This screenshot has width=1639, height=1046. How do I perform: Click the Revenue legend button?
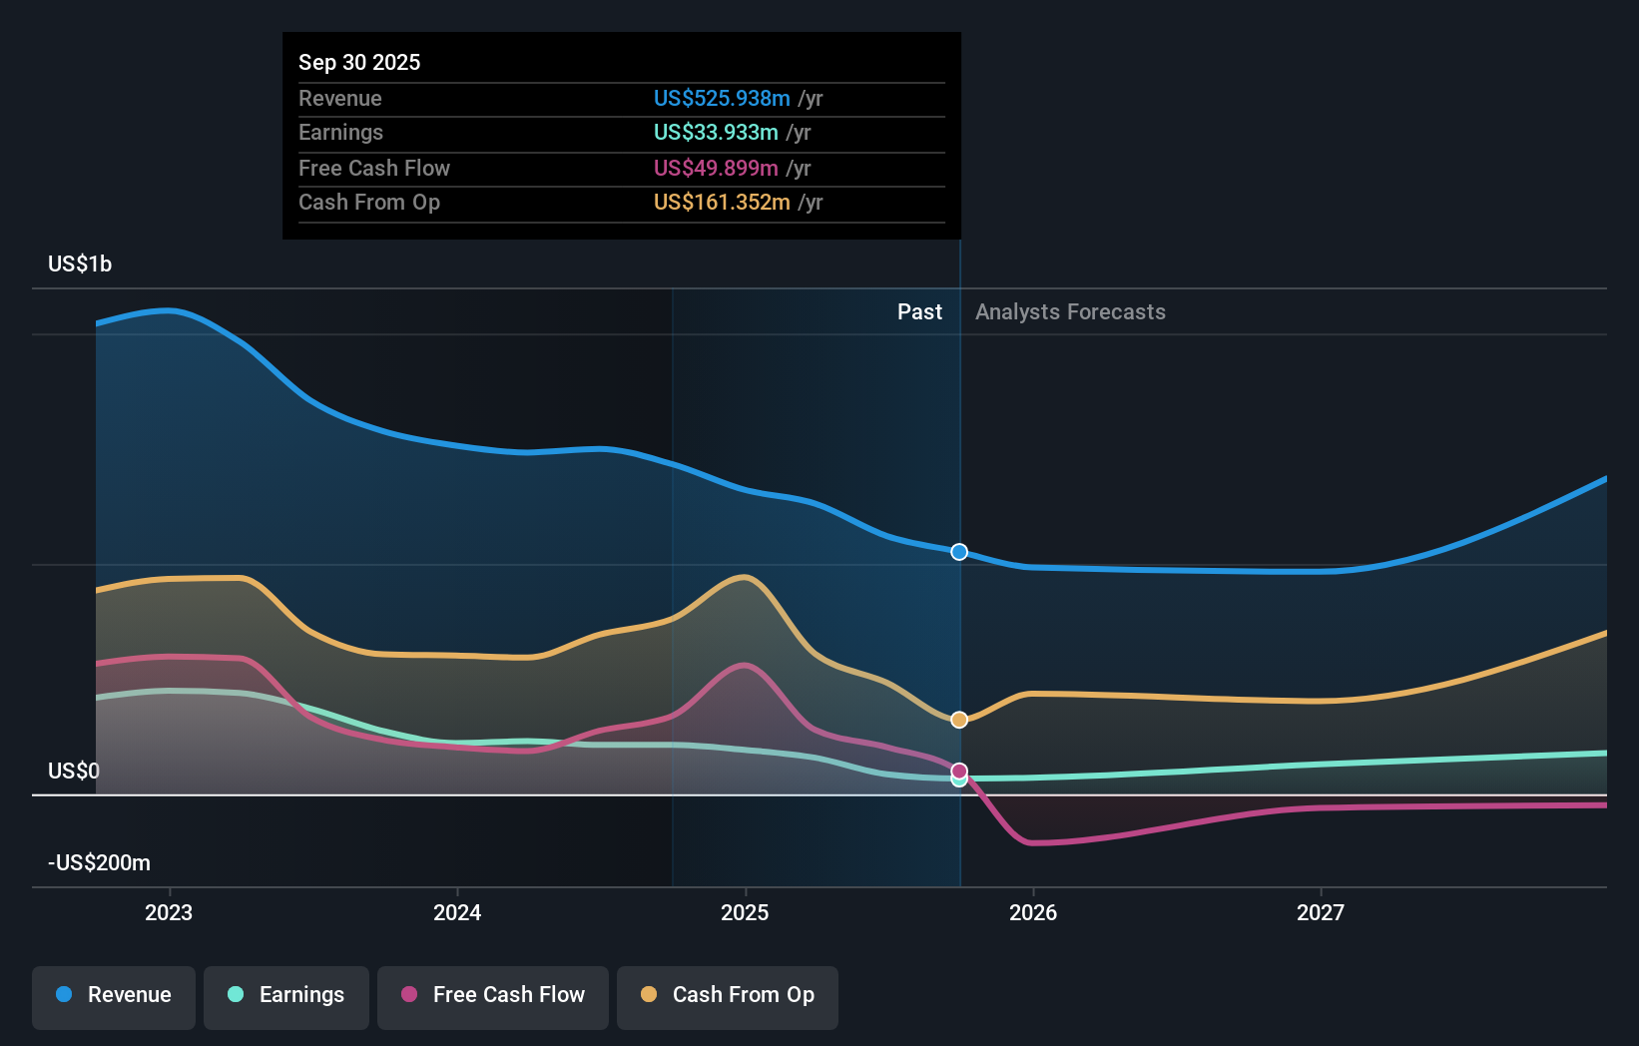(x=114, y=995)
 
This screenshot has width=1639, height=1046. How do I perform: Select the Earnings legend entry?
(x=286, y=995)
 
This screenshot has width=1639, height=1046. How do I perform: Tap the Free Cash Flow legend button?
(x=493, y=995)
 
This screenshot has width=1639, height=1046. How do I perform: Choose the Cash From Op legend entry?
(x=728, y=995)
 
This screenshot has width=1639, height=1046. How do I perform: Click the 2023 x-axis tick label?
(x=169, y=912)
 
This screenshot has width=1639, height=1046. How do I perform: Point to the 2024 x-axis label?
(x=457, y=912)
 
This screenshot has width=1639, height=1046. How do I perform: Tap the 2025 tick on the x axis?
(x=745, y=912)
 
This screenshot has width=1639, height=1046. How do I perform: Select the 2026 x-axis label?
(x=1033, y=912)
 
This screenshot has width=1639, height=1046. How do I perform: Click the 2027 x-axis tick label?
(x=1321, y=912)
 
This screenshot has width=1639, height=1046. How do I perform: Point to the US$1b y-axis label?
(x=80, y=264)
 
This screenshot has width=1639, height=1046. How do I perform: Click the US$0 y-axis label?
(x=74, y=771)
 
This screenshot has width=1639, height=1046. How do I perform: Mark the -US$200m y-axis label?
(x=100, y=862)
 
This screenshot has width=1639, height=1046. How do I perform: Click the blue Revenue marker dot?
(x=959, y=552)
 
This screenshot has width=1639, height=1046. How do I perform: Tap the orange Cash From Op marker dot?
(x=959, y=720)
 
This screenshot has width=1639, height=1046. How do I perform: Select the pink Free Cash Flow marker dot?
(x=959, y=771)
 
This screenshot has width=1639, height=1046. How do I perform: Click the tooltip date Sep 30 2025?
(x=359, y=62)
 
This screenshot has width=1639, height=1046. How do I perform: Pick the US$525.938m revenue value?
(x=722, y=98)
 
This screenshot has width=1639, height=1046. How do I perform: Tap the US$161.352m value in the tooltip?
(x=722, y=203)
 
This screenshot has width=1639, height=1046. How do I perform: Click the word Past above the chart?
(x=919, y=312)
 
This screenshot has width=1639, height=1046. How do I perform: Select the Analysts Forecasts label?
(x=1070, y=312)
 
